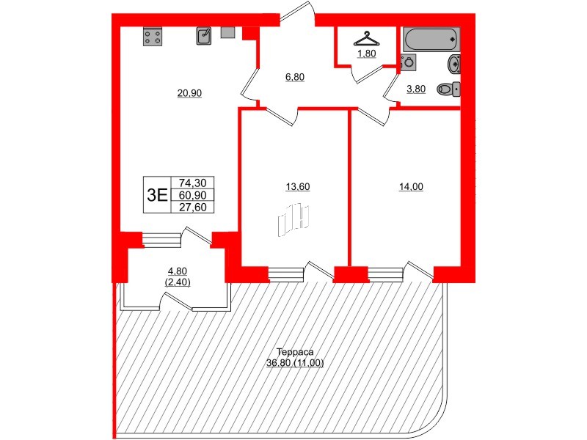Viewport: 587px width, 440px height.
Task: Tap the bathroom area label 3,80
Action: click(415, 89)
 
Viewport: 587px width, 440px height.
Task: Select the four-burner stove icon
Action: click(153, 36)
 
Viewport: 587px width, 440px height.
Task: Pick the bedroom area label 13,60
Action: click(298, 186)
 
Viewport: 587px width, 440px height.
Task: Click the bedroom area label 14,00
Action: click(411, 186)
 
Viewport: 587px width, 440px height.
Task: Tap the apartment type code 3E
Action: click(157, 195)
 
